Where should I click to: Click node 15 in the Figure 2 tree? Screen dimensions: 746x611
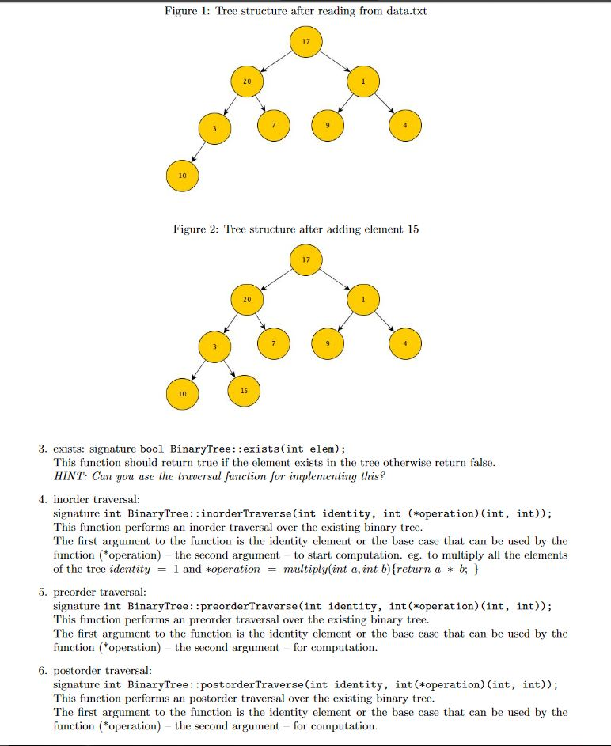(x=244, y=390)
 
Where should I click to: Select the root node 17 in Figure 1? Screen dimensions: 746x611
(x=305, y=40)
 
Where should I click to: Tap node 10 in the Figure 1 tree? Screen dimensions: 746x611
(x=182, y=175)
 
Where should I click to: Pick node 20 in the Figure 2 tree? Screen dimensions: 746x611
(x=247, y=300)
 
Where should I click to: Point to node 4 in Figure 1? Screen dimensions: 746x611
(x=405, y=125)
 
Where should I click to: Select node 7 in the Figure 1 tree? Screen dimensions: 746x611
(x=274, y=125)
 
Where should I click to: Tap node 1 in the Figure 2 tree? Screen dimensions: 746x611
(x=363, y=300)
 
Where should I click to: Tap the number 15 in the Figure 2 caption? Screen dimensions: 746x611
(x=412, y=229)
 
